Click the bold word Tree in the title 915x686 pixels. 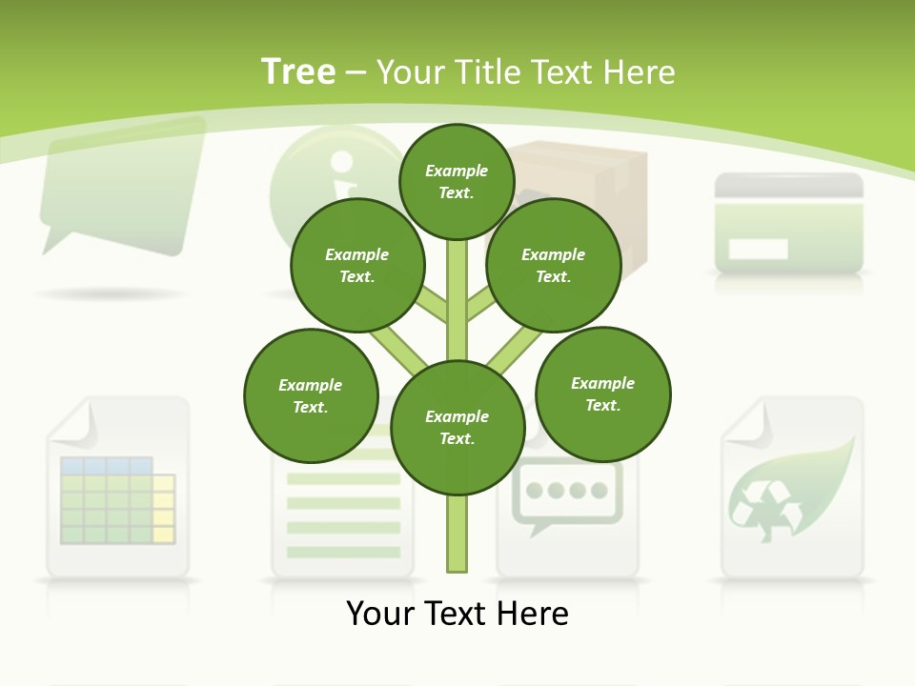pos(297,72)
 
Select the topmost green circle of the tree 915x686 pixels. pos(457,181)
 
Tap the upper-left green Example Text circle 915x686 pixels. pos(357,265)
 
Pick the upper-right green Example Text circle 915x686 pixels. pos(554,265)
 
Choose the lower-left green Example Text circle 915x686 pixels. pos(311,395)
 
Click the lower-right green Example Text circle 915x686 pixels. pos(602,393)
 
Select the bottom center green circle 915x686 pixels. pos(457,428)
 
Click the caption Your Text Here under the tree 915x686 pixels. pos(457,614)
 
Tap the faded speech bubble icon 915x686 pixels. pos(122,186)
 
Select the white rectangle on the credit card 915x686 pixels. pos(758,250)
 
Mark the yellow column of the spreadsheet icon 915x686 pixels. pos(163,508)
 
